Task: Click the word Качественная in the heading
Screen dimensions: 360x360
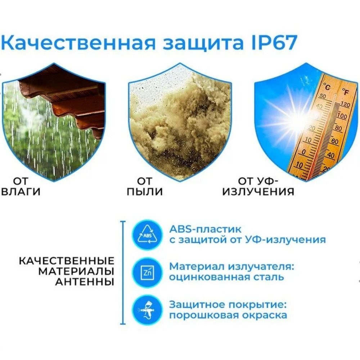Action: click(x=78, y=42)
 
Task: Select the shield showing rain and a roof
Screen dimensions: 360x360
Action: click(x=54, y=122)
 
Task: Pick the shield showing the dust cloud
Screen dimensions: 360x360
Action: click(x=180, y=122)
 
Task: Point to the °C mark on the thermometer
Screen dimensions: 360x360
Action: click(x=327, y=86)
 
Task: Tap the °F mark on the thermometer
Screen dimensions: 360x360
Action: click(x=345, y=92)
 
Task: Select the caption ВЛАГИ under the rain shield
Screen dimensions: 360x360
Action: click(x=21, y=192)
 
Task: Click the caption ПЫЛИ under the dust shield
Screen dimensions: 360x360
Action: click(x=145, y=192)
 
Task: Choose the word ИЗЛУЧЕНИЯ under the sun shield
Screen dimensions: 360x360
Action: click(x=258, y=192)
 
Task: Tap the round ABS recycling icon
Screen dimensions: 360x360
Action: click(x=147, y=235)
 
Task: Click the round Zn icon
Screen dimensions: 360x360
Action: click(x=147, y=273)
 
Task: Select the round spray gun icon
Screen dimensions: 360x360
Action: click(x=147, y=310)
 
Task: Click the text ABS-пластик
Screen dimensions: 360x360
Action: click(x=205, y=229)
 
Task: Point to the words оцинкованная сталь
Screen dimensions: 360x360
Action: click(x=226, y=277)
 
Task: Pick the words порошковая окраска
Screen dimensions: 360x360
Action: click(x=228, y=315)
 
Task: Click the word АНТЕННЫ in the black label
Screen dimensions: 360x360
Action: click(x=85, y=282)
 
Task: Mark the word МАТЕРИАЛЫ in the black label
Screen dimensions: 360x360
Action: click(x=76, y=271)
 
